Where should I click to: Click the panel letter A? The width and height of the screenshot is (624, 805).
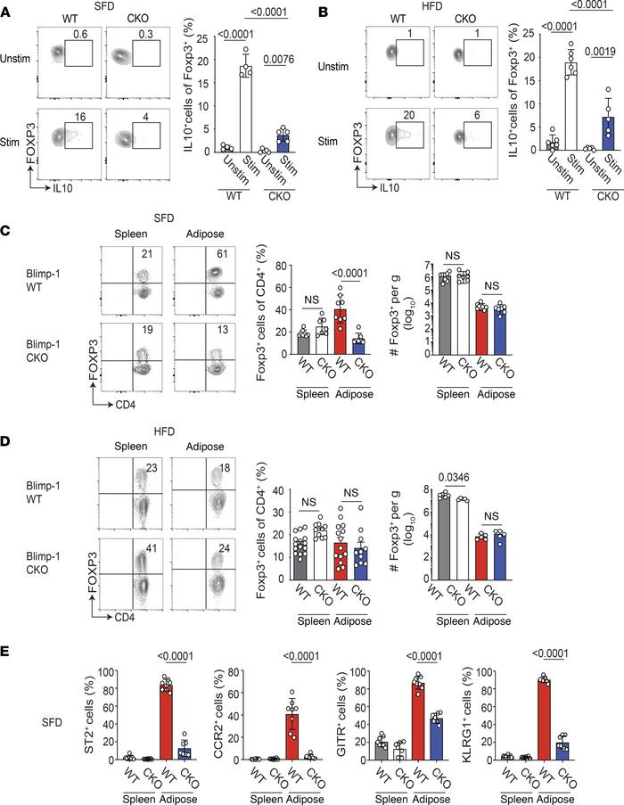pos(7,8)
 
